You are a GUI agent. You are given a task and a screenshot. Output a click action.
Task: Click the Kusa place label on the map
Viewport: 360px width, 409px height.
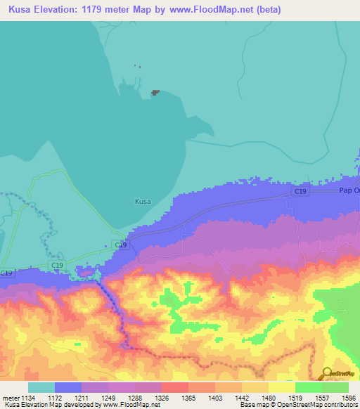[x=142, y=202]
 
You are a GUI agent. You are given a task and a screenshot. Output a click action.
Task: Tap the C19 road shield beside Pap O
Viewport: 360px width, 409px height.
[x=302, y=190]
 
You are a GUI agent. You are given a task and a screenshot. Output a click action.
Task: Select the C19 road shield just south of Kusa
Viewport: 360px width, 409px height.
[x=121, y=245]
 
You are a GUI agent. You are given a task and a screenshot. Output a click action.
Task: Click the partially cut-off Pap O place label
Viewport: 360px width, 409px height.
[x=349, y=190]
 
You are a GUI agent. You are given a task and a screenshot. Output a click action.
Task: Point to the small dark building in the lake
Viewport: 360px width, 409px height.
[x=155, y=91]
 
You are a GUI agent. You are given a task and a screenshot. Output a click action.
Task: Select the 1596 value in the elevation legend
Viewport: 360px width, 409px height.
[x=349, y=397]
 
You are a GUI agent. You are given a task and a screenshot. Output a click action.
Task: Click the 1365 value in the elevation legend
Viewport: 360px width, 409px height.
[x=189, y=397]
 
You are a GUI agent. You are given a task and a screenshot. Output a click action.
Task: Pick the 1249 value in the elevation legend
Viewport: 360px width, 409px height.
[x=109, y=397]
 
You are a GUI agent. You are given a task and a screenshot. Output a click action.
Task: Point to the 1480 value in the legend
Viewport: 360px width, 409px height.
[x=269, y=397]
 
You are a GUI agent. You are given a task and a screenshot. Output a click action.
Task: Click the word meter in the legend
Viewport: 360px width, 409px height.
[x=11, y=397]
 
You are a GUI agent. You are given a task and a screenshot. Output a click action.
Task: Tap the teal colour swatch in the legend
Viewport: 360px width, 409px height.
[x=41, y=387]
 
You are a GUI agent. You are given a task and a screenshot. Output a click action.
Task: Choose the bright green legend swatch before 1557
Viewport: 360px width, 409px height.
[x=308, y=387]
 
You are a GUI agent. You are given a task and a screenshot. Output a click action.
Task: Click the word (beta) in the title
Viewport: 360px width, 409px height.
[x=268, y=10]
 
